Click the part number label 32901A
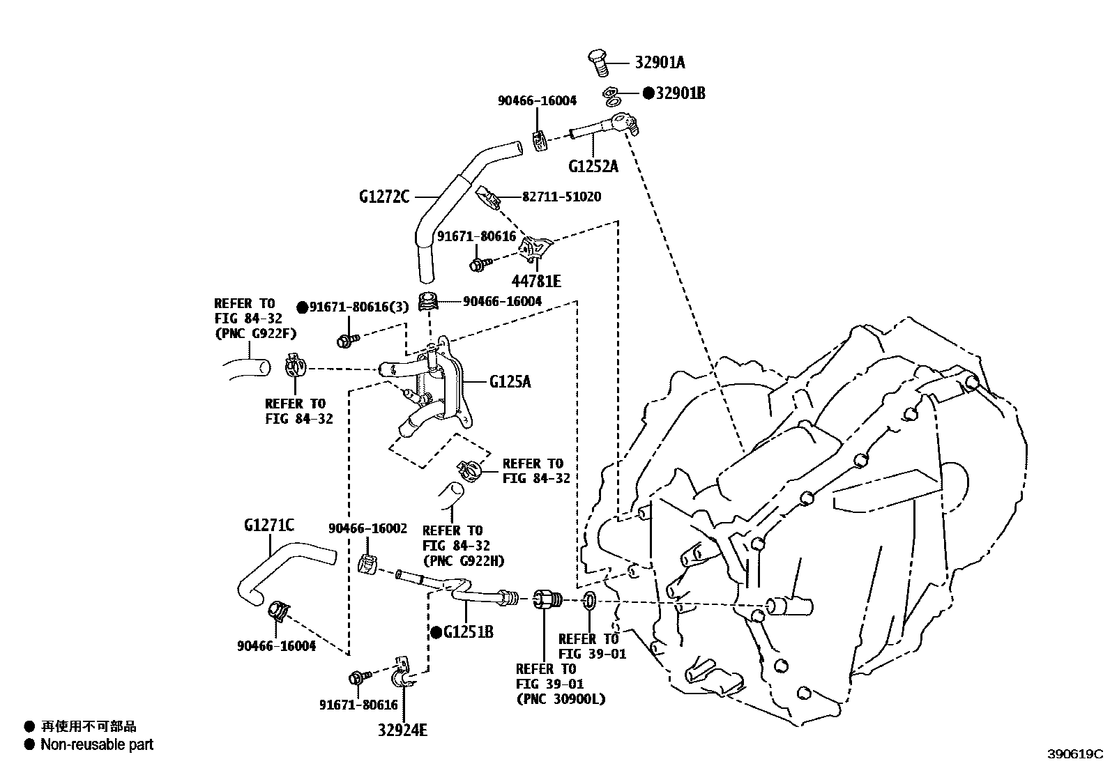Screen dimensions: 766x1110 [659, 63]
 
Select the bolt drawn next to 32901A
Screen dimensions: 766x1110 [598, 62]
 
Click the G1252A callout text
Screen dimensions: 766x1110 [593, 167]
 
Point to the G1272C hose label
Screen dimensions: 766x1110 [384, 197]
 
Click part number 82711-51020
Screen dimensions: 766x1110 [561, 197]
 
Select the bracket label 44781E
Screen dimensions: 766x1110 [536, 282]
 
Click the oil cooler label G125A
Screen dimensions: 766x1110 [510, 381]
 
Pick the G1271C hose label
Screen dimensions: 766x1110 [269, 525]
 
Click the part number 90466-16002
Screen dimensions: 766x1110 [367, 528]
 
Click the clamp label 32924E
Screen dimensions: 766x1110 [403, 730]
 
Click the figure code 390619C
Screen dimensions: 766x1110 [1076, 754]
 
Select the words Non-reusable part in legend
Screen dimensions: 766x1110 [97, 744]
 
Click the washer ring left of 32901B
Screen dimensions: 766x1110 [609, 93]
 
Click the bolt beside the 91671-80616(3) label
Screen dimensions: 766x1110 [345, 340]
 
